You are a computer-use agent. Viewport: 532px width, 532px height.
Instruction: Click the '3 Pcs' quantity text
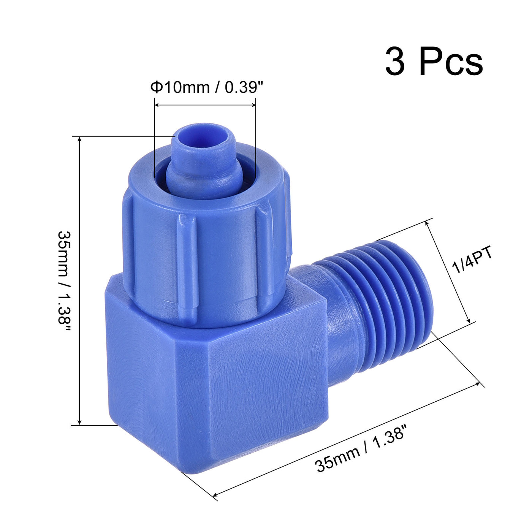[x=434, y=62]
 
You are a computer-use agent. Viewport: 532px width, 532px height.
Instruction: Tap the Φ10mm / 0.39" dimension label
[x=207, y=87]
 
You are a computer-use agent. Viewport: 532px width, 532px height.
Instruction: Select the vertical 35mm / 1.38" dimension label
[x=64, y=282]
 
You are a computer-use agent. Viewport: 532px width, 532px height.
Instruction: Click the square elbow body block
[x=217, y=384]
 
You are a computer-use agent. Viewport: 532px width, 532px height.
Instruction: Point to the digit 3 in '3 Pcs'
[x=395, y=62]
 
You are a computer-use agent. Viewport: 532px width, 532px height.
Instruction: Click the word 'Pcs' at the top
[x=451, y=62]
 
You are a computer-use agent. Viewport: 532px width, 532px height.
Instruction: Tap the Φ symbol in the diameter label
[x=156, y=87]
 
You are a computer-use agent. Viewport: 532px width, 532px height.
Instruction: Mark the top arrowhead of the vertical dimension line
[x=79, y=139]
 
